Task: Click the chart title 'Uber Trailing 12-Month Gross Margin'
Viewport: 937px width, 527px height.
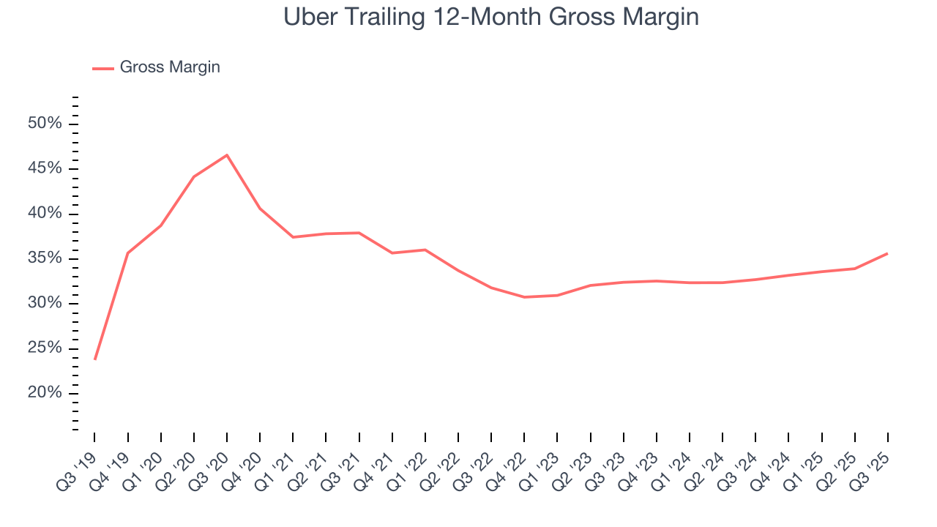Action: pyautogui.click(x=490, y=18)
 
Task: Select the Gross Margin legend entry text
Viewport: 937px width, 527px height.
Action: pyautogui.click(x=170, y=67)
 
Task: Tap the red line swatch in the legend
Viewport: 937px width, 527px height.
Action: pyautogui.click(x=102, y=68)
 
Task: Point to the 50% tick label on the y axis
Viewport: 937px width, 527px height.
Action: pyautogui.click(x=44, y=124)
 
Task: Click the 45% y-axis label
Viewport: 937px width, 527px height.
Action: pyautogui.click(x=44, y=168)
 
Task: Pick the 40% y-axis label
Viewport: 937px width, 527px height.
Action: pyautogui.click(x=44, y=214)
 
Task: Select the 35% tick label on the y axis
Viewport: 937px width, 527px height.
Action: pyautogui.click(x=44, y=258)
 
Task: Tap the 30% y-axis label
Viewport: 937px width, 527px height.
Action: pyautogui.click(x=44, y=303)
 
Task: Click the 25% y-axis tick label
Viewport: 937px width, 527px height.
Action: pyautogui.click(x=44, y=348)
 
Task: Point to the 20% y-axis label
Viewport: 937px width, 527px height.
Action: pyautogui.click(x=44, y=393)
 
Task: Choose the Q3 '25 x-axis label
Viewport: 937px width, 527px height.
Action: pyautogui.click(x=876, y=460)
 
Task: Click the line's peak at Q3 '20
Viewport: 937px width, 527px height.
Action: pyautogui.click(x=227, y=155)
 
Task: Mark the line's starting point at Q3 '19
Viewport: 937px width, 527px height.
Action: pyautogui.click(x=95, y=359)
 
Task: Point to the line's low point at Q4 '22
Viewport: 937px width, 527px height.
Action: pyautogui.click(x=525, y=297)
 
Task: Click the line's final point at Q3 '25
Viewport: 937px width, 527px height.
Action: pyautogui.click(x=888, y=253)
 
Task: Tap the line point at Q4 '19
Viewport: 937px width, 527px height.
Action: pyautogui.click(x=128, y=253)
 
